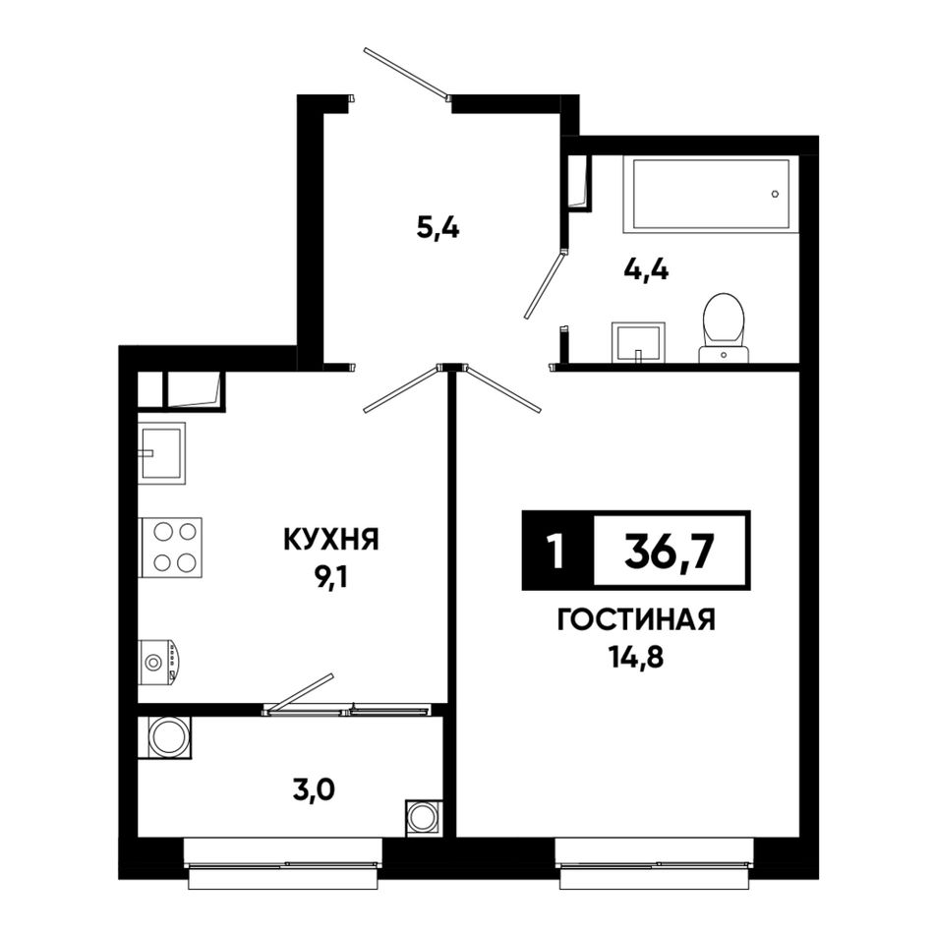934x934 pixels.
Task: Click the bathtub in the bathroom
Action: [710, 194]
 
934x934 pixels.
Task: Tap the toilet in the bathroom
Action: [724, 327]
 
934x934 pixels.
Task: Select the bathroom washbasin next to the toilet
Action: [638, 342]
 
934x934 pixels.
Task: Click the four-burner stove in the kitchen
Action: [171, 547]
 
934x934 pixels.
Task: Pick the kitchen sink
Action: [161, 452]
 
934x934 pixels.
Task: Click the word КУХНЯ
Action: [330, 541]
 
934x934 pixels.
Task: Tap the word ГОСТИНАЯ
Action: [636, 620]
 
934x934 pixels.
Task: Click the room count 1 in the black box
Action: [555, 552]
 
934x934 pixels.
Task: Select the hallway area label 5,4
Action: [438, 228]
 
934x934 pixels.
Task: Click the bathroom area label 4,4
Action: [646, 270]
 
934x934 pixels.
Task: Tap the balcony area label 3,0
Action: [314, 789]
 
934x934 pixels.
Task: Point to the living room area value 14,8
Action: [635, 658]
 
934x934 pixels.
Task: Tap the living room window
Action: [655, 863]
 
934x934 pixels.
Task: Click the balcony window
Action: [283, 863]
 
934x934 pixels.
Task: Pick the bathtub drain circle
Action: [775, 194]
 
